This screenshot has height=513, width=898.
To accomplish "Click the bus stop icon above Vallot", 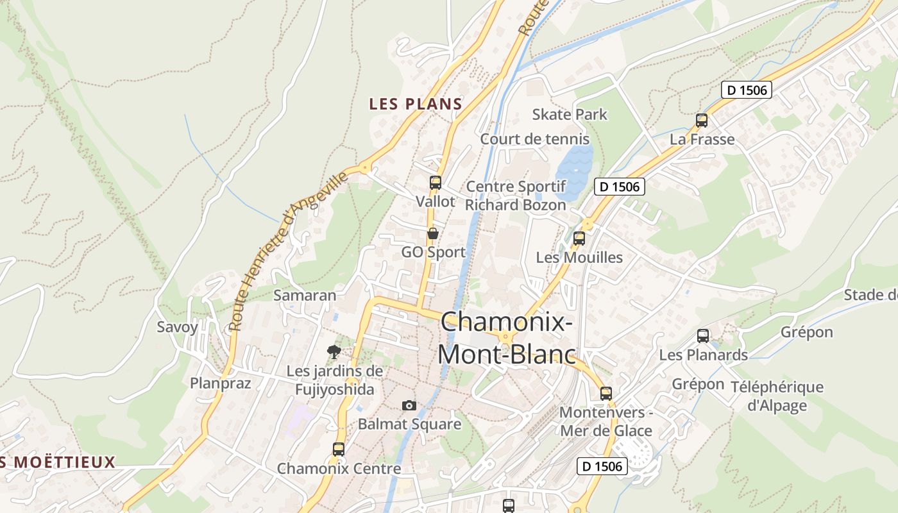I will point(436,182).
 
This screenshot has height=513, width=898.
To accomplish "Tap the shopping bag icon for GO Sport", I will point(433,233).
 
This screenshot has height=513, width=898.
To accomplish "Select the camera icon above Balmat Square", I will point(409,405).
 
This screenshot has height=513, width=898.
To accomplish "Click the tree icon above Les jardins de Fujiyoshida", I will point(334,351).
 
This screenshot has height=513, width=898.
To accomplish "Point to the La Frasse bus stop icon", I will point(702,120).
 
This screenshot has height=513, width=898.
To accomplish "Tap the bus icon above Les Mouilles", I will point(579,239).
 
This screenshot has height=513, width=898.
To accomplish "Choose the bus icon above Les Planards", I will point(703,336).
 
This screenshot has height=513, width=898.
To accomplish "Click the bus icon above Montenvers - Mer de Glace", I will point(606,393).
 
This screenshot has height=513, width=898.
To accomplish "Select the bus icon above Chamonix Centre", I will point(339,450).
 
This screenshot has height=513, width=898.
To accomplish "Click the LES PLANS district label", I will point(416,104).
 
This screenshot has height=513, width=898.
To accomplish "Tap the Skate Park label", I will point(570,114).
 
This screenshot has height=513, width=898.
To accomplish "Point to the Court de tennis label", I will point(534,139).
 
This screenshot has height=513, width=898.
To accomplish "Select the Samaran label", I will point(305,295).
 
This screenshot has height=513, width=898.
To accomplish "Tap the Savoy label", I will point(178,326).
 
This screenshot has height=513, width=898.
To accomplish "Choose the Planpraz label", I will point(220,383).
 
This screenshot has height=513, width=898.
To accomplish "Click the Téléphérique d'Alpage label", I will point(777,396).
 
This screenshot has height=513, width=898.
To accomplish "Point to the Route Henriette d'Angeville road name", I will point(289,250).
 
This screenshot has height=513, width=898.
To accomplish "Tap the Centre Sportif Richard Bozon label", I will point(516,196).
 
